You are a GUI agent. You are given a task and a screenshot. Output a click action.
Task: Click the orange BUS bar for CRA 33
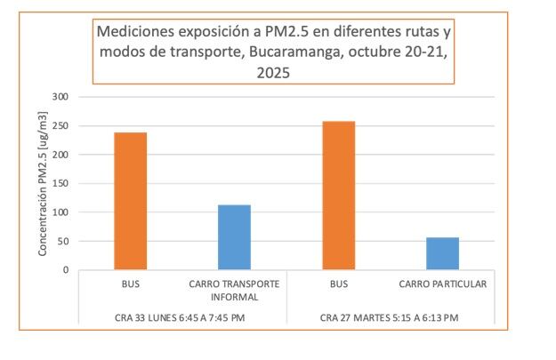click(x=130, y=201)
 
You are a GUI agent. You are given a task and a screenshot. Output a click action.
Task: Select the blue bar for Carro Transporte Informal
click(x=234, y=237)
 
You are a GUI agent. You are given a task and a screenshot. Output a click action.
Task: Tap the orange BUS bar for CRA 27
click(x=338, y=196)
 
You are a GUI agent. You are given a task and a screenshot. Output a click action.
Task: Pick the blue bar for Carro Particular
click(x=442, y=253)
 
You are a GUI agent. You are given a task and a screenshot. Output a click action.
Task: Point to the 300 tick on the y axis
click(x=61, y=96)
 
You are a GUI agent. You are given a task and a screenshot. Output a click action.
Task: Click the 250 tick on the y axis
click(x=61, y=125)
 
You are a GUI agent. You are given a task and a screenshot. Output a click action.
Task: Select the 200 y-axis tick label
click(x=61, y=155)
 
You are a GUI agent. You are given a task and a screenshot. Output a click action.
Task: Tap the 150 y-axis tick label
click(x=61, y=183)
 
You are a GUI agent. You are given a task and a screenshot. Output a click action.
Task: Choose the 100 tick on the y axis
click(x=61, y=212)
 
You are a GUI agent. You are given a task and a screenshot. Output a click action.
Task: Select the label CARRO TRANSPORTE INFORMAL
click(x=234, y=291)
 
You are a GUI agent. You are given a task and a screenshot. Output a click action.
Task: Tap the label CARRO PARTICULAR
click(x=442, y=285)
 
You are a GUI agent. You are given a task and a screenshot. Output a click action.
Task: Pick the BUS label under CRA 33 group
click(x=130, y=285)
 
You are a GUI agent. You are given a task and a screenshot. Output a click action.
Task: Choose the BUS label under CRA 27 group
click(x=338, y=285)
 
